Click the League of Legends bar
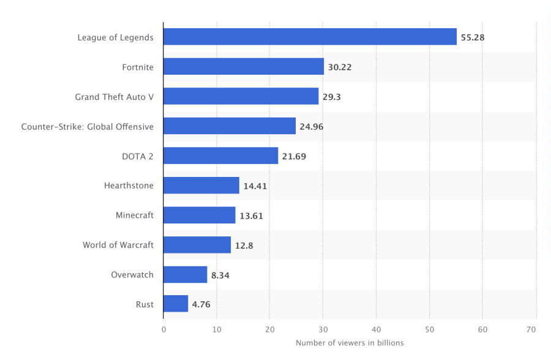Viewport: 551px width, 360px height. coord(310,37)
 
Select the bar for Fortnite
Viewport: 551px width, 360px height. coord(244,67)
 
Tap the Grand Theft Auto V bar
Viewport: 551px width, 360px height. coord(241,96)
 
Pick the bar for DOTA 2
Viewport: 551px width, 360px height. coord(220,156)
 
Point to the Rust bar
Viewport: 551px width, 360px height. coord(176,304)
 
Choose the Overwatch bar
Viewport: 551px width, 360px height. coord(186,274)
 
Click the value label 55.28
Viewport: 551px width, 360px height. coord(473,37)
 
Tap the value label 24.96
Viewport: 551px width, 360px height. coord(312,127)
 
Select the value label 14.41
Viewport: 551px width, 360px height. coord(255,186)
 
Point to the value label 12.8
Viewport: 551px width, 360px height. coord(244,245)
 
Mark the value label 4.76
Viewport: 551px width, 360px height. coord(201,304)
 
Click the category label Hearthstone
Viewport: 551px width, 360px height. coord(129,186)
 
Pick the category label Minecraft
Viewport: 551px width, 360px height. coord(135,215)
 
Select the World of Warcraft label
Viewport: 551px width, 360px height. coord(118,245)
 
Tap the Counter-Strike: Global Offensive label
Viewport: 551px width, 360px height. coord(88,127)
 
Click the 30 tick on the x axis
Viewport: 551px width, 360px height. coord(323,329)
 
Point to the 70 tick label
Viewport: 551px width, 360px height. coord(531,329)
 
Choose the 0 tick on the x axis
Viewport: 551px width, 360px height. coord(163,329)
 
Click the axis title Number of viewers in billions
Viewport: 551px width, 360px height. coord(350,343)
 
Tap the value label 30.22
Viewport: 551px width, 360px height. coord(340,67)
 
